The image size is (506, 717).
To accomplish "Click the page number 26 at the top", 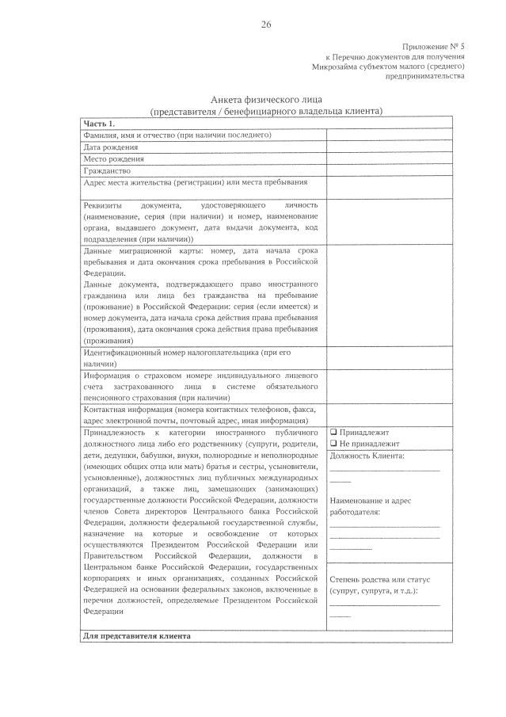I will (266, 25).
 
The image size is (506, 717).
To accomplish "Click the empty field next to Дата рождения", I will (389, 147).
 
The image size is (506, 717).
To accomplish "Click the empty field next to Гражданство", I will (389, 170).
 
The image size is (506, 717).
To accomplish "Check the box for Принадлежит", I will (333, 433).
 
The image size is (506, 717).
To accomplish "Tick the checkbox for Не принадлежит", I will (333, 444).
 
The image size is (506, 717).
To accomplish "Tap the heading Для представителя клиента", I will (136, 636).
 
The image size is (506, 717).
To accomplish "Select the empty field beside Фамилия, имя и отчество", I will (389, 135).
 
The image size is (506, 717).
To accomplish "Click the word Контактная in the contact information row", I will (106, 410).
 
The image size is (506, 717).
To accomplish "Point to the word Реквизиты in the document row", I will (104, 204).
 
